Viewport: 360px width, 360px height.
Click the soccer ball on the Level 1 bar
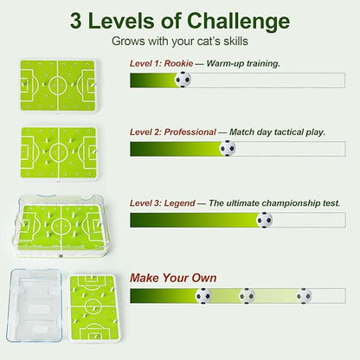tap(183, 80)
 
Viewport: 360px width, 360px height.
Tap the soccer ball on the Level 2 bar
tap(228, 148)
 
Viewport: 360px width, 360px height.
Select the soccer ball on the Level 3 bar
tap(264, 220)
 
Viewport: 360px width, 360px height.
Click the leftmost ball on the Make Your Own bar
tap(203, 296)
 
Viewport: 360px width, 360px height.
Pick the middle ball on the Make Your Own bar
tap(247, 296)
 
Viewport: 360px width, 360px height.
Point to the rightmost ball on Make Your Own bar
tap(304, 296)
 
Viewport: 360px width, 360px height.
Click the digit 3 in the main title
tap(75, 22)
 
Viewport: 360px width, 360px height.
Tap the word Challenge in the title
tap(238, 22)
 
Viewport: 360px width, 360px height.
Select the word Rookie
tap(178, 63)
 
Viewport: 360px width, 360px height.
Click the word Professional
tap(190, 132)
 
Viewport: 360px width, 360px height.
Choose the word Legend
tap(180, 203)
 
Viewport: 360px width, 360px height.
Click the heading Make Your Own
tap(173, 278)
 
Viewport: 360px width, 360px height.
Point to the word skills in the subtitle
tap(235, 41)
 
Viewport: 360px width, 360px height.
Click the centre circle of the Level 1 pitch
tap(58, 85)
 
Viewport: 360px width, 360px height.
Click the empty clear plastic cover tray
tap(35, 305)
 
